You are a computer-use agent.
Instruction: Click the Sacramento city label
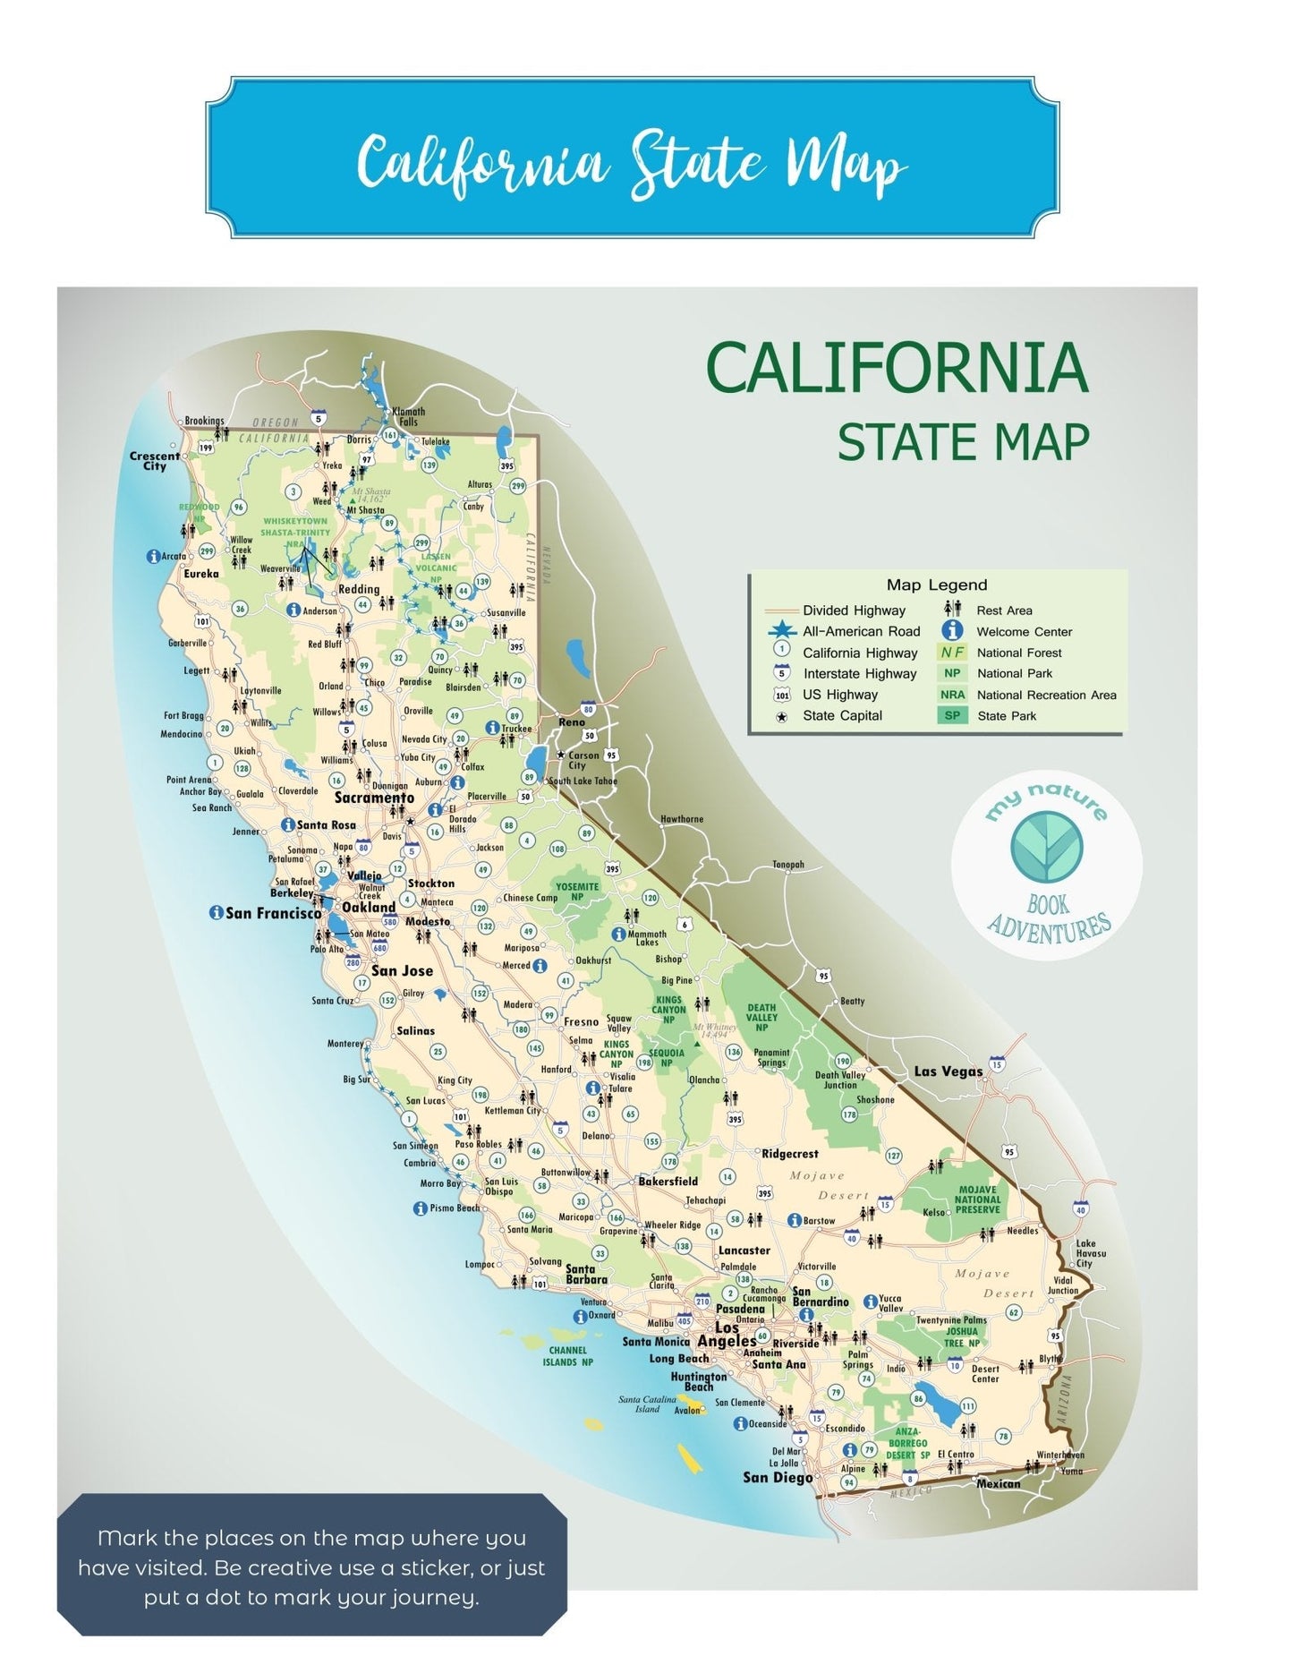(374, 798)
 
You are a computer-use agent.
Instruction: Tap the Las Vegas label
(948, 1071)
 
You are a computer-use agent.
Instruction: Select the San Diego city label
(777, 1477)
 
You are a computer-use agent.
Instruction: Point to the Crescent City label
(154, 461)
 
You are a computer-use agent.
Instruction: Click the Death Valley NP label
(761, 1018)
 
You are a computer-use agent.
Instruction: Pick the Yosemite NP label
(577, 892)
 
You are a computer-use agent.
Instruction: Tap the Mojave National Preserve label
(977, 1199)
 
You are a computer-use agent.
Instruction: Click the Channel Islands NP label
(567, 1356)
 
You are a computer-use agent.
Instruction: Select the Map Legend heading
(936, 585)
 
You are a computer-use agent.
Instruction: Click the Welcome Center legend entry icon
(954, 630)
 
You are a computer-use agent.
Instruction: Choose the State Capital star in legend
(782, 716)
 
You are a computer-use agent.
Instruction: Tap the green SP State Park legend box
(952, 715)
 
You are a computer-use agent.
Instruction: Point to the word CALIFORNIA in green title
(897, 368)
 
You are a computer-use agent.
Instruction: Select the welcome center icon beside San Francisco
(216, 913)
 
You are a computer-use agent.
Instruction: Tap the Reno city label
(571, 721)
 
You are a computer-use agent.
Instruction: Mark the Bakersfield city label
(668, 1182)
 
